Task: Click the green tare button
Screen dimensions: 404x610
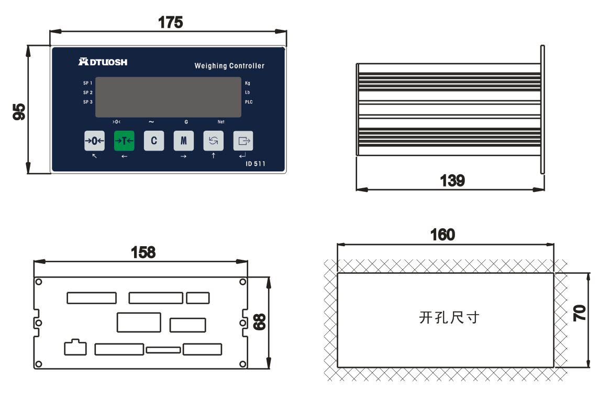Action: (124, 141)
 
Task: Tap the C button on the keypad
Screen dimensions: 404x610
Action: (154, 141)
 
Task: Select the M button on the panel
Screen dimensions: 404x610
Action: (183, 141)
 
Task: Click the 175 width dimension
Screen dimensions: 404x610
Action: (170, 22)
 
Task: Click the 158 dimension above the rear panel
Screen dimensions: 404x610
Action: (143, 252)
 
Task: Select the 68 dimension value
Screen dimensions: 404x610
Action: (259, 321)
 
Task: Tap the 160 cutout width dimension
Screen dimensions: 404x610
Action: (442, 235)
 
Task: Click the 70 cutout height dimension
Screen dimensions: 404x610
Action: (580, 313)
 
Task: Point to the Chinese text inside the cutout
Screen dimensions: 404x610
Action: (449, 318)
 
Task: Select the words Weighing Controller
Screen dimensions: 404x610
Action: (229, 66)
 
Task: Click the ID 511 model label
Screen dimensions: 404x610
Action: (255, 164)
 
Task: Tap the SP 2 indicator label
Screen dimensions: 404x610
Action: (87, 93)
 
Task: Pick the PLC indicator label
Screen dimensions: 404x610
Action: (249, 102)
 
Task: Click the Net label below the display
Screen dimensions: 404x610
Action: (221, 122)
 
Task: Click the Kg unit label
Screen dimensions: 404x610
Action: (248, 83)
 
